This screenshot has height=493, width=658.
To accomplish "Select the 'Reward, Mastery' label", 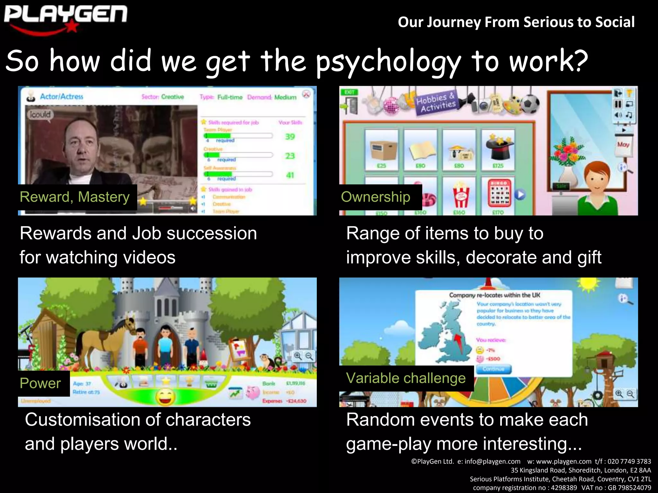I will point(75,197).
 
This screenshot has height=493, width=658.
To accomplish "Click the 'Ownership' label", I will point(376,197).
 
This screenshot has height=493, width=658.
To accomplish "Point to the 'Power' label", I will point(40,383).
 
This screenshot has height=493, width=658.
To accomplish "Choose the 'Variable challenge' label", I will point(406,378).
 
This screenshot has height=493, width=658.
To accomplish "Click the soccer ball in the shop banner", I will point(530,104).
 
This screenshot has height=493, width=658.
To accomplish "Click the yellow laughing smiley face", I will point(165,397).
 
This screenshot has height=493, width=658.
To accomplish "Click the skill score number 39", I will point(290,137).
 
